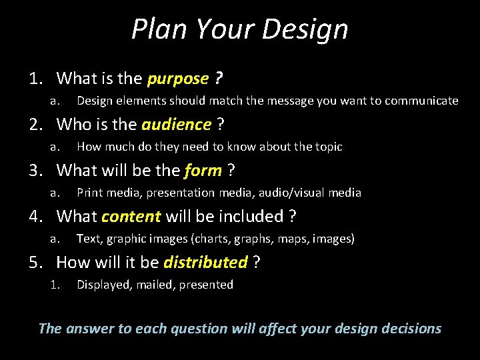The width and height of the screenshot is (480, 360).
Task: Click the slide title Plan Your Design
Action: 239,29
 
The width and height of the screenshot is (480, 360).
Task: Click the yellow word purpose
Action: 178,79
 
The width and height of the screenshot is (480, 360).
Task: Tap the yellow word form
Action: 203,171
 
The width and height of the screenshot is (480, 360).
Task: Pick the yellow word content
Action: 131,216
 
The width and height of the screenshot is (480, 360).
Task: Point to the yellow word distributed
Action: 205,262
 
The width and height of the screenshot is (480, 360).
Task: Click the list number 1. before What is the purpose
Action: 36,79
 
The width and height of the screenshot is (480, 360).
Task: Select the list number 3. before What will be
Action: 36,171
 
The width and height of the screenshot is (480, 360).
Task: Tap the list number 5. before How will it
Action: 36,262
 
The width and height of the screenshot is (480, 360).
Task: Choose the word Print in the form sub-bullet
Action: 89,193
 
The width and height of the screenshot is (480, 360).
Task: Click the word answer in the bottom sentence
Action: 87,329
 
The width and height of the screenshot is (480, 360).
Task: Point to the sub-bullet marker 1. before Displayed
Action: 55,285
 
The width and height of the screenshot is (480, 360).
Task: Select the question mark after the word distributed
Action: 257,262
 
